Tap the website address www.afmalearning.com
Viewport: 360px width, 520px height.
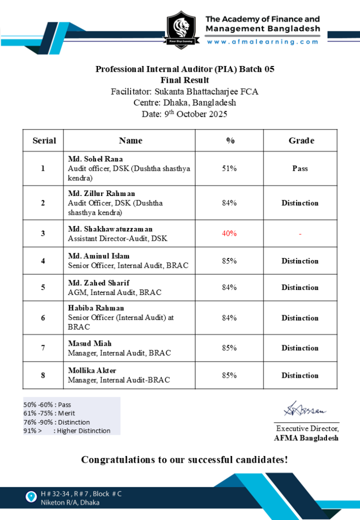(263, 42)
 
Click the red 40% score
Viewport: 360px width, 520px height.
(229, 234)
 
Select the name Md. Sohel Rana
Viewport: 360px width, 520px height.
(95, 159)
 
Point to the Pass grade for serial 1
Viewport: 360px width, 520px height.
(300, 169)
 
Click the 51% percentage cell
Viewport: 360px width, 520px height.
(229, 169)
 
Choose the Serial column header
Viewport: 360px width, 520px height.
(44, 141)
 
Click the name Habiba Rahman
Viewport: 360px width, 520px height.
(96, 308)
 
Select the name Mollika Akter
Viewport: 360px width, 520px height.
(92, 370)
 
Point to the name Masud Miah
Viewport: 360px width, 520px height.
(90, 343)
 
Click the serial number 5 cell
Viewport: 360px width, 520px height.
(43, 287)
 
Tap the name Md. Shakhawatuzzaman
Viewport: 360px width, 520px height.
(110, 229)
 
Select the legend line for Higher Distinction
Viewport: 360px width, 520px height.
(67, 431)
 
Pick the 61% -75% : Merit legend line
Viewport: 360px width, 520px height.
(49, 413)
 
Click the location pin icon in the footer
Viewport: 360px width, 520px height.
(32, 496)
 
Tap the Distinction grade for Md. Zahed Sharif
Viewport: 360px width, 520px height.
(300, 287)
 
